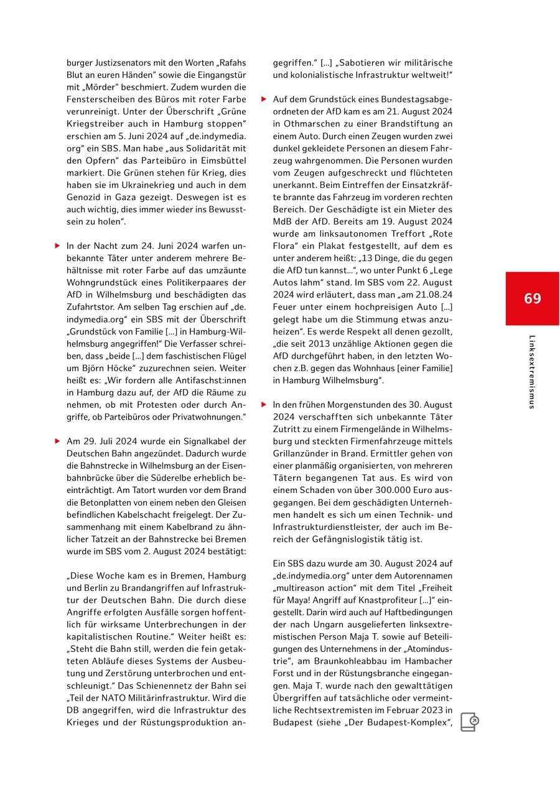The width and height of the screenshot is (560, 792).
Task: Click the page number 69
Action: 532,298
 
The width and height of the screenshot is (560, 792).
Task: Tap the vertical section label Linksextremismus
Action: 531,372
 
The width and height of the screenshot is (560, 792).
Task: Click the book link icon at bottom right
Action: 469,722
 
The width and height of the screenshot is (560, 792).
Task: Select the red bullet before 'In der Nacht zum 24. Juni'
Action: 57,246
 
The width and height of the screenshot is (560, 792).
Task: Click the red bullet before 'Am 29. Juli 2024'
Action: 57,441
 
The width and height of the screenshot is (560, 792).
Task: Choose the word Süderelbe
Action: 176,478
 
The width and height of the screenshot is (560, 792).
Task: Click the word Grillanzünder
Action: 300,453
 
